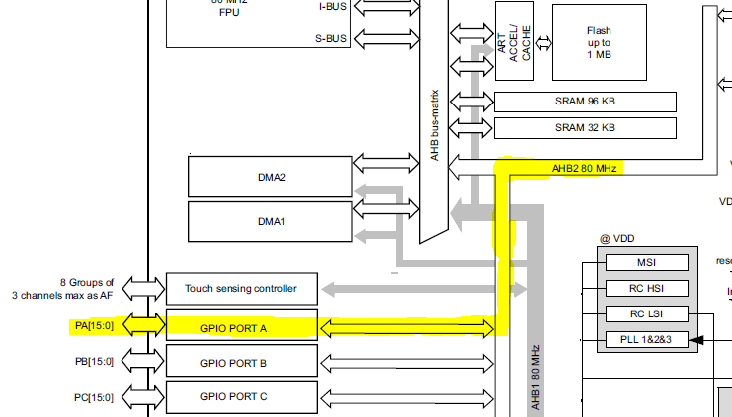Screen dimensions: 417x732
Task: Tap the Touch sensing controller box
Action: coord(241,289)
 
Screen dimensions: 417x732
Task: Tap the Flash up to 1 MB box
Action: coord(599,43)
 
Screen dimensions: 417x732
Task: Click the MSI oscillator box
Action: coord(646,263)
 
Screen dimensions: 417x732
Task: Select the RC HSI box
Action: coord(646,289)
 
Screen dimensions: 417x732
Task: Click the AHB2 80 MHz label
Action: coord(585,169)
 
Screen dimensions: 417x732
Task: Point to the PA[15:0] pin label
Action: coord(95,325)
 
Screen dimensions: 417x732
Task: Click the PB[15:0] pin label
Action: coord(95,362)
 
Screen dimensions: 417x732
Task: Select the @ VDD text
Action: coord(617,239)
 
